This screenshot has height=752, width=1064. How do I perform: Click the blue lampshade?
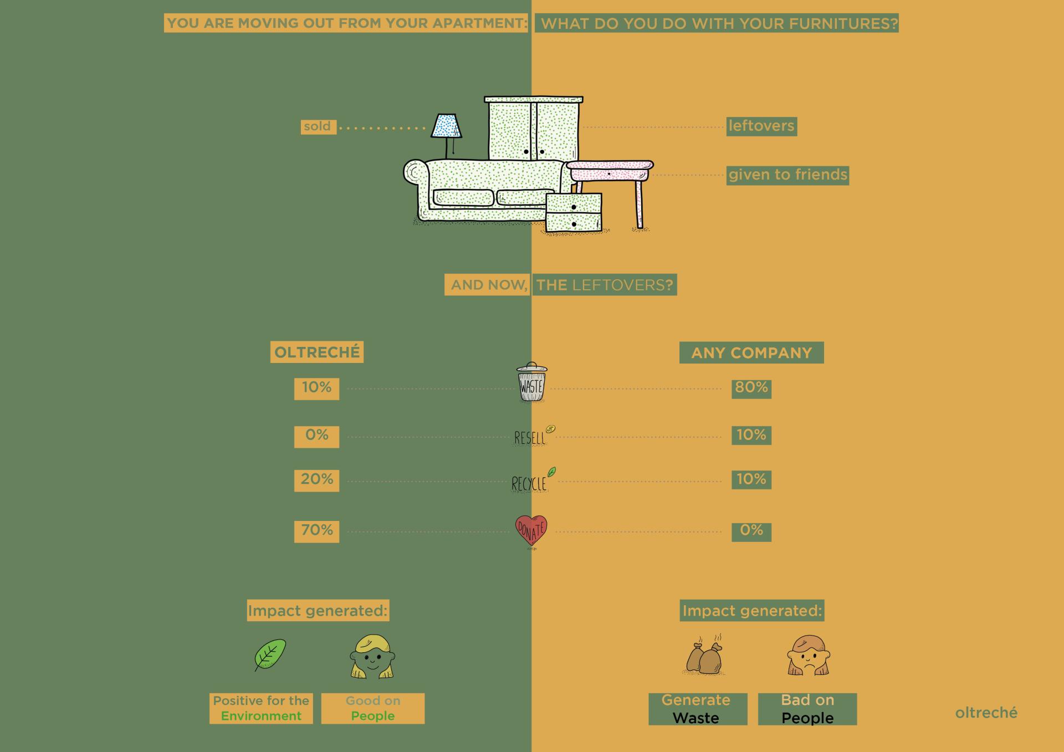click(x=446, y=126)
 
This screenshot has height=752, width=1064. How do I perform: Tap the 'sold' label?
click(x=318, y=126)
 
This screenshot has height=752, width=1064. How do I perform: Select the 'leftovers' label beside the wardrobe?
click(x=761, y=126)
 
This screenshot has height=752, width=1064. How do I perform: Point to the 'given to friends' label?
click(x=787, y=175)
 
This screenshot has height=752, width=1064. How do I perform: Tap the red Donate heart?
click(x=531, y=531)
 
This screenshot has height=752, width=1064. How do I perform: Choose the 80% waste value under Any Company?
click(x=751, y=388)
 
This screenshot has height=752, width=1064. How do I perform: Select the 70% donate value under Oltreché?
click(x=316, y=531)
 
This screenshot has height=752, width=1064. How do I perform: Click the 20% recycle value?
click(x=316, y=480)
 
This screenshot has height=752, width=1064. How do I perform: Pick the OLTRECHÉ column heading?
click(x=317, y=352)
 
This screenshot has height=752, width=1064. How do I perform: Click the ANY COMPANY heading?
click(x=751, y=353)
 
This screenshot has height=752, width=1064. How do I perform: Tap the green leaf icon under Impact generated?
click(x=270, y=655)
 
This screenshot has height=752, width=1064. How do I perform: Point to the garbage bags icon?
click(x=704, y=657)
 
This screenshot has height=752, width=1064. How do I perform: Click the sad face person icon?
click(x=808, y=657)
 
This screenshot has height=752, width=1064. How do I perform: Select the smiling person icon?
click(x=372, y=658)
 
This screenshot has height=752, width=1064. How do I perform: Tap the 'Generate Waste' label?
click(x=697, y=709)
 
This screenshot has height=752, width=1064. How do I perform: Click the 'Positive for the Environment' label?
click(x=261, y=708)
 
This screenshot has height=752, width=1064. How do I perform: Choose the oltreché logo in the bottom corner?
click(x=986, y=713)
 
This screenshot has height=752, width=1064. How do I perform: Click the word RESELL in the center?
click(x=530, y=438)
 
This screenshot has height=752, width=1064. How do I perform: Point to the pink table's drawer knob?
click(x=609, y=174)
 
